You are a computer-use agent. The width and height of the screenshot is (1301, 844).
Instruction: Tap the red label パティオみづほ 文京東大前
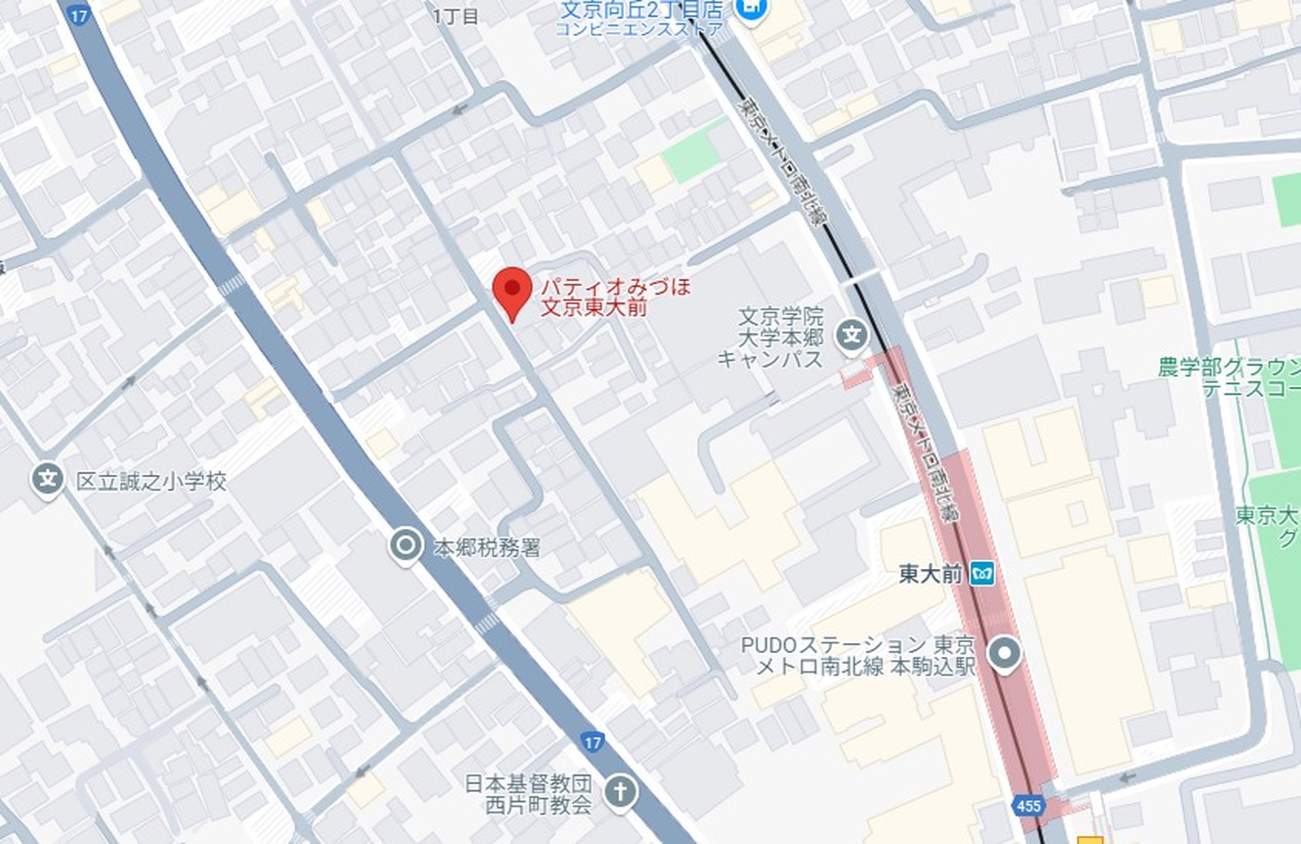tap(615, 297)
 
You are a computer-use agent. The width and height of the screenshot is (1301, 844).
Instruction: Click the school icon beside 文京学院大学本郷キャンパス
tap(852, 335)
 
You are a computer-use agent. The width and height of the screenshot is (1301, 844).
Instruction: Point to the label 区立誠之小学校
tap(151, 482)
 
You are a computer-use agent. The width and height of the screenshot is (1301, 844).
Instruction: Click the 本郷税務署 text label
tap(487, 547)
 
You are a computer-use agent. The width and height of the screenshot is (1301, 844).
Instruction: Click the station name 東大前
tap(930, 574)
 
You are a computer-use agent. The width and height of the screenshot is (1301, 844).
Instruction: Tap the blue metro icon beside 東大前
tap(982, 574)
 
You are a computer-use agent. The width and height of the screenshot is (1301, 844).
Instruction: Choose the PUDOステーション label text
tap(858, 655)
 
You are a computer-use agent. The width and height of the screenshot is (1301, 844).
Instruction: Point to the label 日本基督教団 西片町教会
tap(528, 794)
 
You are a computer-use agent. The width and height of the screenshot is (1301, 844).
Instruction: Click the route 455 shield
tap(1028, 805)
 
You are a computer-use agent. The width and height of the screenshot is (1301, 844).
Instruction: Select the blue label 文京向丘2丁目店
tap(642, 10)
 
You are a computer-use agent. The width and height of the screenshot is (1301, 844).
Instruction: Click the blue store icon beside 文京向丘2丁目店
tap(753, 9)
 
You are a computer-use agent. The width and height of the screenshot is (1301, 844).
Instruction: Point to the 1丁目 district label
tap(456, 16)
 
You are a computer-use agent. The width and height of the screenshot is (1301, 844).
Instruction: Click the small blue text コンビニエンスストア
tap(639, 29)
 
